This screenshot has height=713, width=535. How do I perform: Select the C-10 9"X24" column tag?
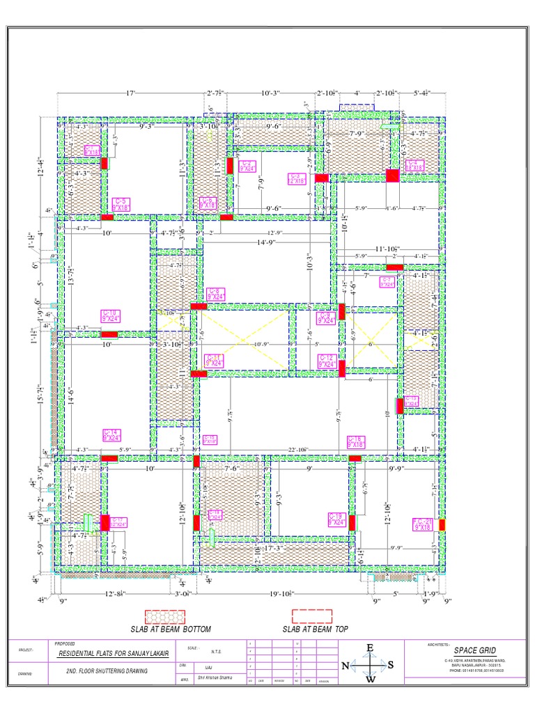[x=111, y=316]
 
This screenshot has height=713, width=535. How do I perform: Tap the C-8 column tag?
[x=217, y=293]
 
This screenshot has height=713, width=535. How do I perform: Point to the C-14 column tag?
[x=111, y=435]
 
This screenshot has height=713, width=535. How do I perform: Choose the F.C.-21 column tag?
[x=423, y=524]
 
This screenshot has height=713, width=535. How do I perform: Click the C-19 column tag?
[x=337, y=519]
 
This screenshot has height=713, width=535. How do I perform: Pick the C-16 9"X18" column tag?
[x=356, y=441]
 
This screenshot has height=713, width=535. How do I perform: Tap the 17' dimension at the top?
[x=130, y=93]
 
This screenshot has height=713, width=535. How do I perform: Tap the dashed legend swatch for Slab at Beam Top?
[x=313, y=616]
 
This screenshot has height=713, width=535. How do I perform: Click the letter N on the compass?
[x=345, y=666]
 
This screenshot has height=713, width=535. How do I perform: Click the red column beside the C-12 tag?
[x=342, y=368]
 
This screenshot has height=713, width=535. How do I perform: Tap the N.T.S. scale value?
[x=217, y=652]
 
